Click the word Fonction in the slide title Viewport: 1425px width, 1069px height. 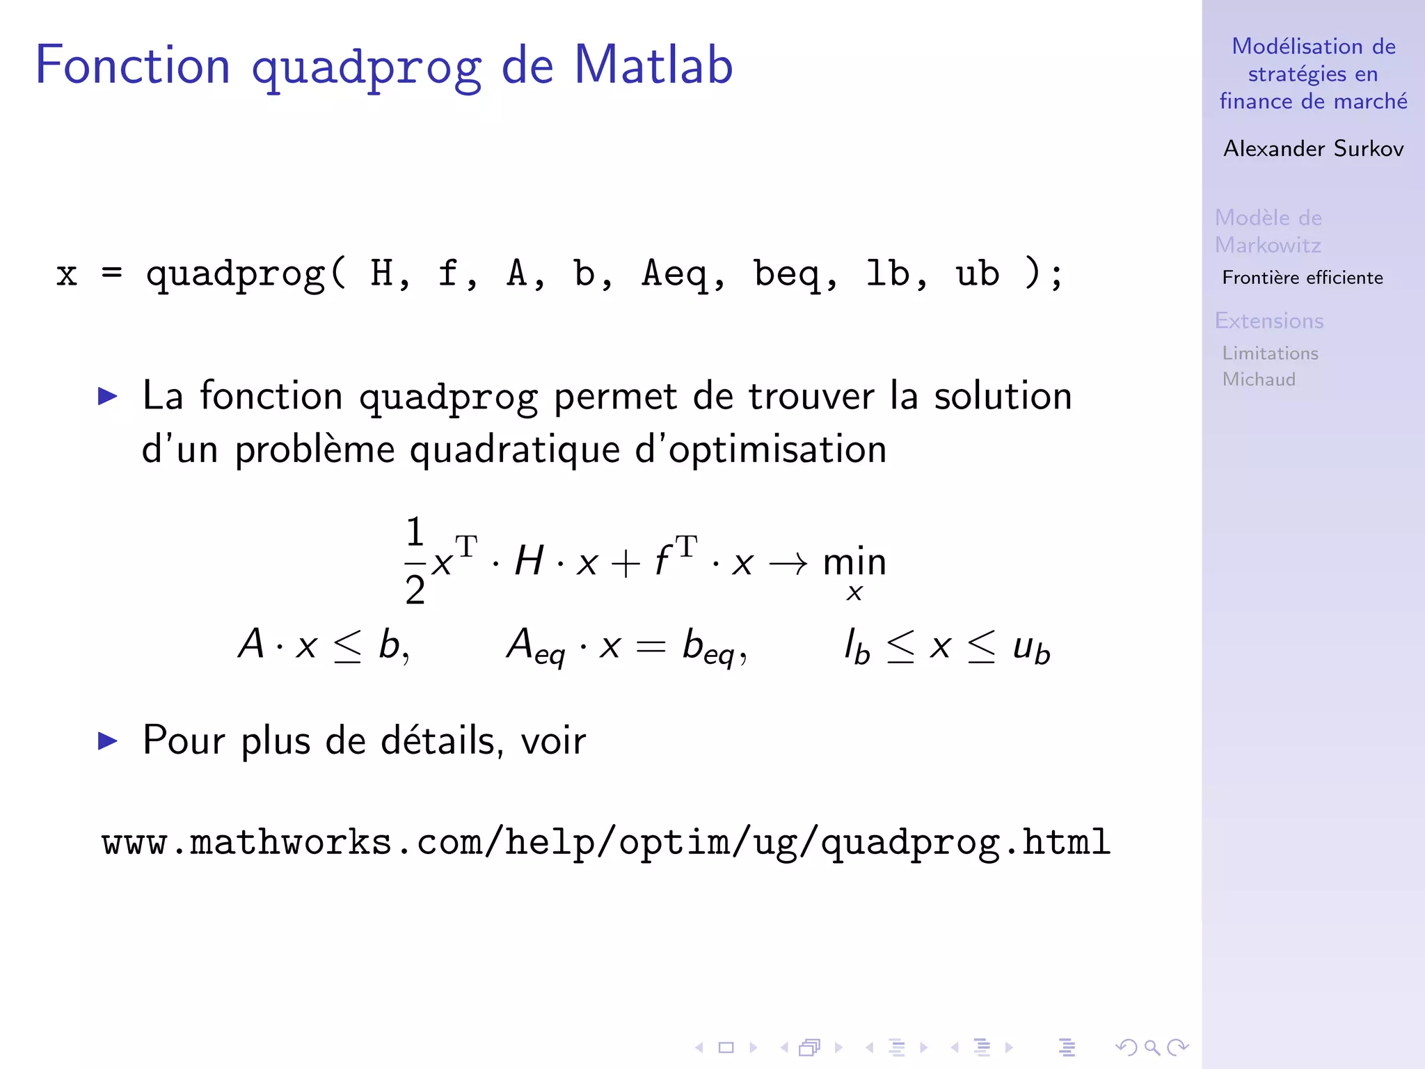pos(132,65)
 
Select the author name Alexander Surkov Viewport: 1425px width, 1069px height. pos(1313,149)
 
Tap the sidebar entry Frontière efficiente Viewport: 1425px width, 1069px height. pos(1303,278)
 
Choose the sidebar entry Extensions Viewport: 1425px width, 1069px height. pos(1269,321)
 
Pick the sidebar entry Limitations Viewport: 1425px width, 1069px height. pos(1270,354)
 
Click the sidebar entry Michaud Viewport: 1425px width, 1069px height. pos(1259,379)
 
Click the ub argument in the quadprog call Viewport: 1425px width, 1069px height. pos(977,274)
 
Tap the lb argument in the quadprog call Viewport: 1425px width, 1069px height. pos(887,274)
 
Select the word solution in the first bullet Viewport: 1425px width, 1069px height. pos(1002,397)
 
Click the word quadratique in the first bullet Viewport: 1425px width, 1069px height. pos(514,450)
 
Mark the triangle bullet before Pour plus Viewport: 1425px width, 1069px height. pos(108,741)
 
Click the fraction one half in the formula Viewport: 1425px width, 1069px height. pos(415,561)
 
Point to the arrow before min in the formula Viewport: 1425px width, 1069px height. pos(788,562)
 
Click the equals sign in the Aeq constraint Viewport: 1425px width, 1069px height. pos(651,647)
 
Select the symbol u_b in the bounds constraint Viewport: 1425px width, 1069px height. pos(1030,648)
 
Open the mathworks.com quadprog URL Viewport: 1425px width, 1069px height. pos(605,843)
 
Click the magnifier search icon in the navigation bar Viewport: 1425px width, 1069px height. pos(1152,1047)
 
